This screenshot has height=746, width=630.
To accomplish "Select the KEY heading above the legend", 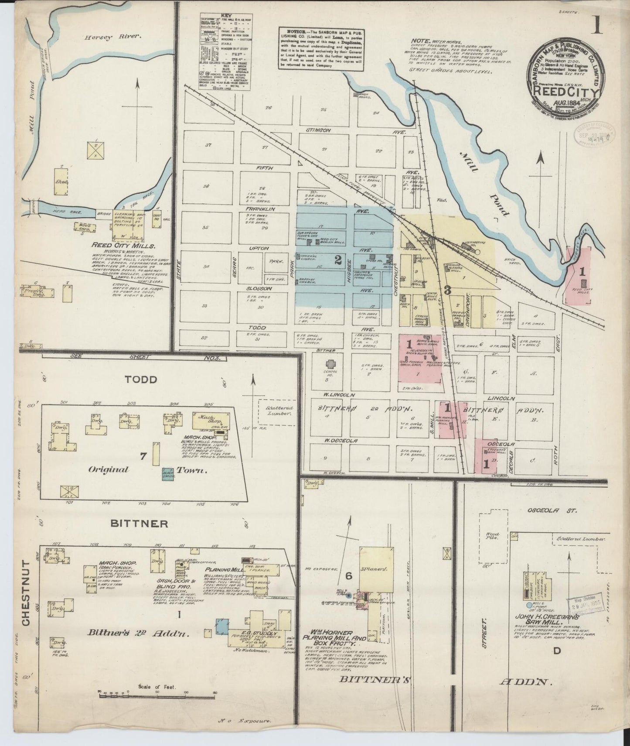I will [225, 14].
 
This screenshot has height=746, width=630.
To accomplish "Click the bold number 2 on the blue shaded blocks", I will [337, 260].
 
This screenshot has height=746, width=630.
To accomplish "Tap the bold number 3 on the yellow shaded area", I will [447, 289].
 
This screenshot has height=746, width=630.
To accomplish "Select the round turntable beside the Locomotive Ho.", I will [477, 252].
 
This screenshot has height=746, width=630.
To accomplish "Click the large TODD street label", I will [140, 379].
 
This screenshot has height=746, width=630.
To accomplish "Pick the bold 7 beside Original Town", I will [143, 456].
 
